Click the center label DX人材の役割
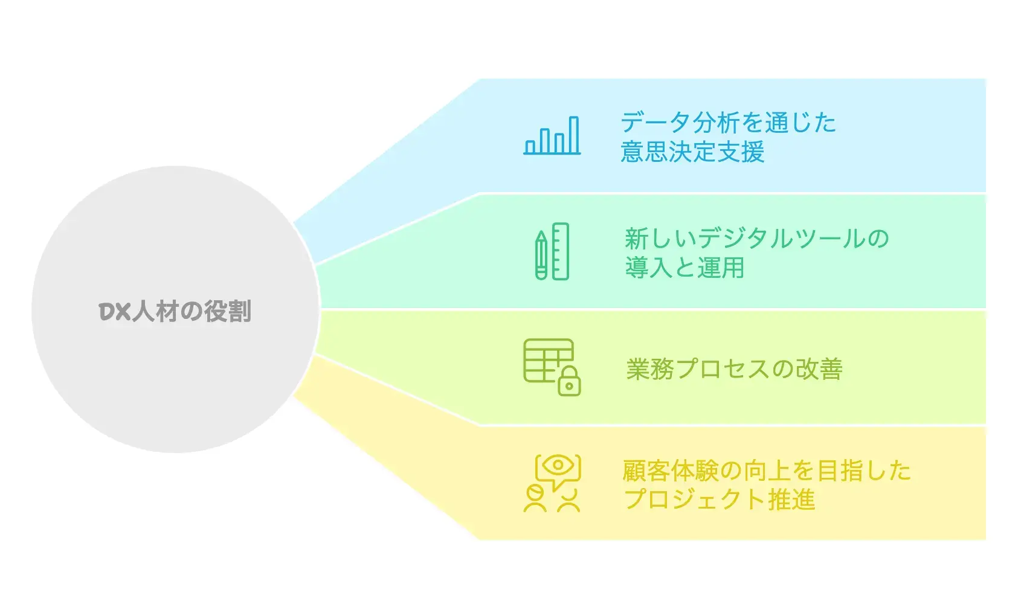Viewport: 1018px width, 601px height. (x=175, y=311)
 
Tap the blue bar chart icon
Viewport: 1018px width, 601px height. (x=552, y=135)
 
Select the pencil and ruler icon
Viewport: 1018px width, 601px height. (x=552, y=251)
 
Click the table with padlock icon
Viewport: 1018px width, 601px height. (x=552, y=367)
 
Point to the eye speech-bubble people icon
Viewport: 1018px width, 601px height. (x=552, y=483)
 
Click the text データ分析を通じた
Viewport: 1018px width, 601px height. (x=729, y=122)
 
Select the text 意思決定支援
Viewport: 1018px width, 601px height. (x=692, y=151)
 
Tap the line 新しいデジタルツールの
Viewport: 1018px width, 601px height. (x=756, y=239)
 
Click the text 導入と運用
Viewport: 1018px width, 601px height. (x=685, y=267)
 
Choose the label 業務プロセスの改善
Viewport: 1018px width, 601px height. (x=735, y=368)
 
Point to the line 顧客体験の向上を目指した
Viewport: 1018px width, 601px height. (x=767, y=471)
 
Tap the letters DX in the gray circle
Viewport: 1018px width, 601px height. (x=115, y=312)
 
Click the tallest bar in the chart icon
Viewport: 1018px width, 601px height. (x=574, y=135)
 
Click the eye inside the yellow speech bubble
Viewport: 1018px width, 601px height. (x=558, y=464)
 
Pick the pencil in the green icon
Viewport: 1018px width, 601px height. (x=541, y=255)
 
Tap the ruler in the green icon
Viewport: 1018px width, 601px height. (x=561, y=251)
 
